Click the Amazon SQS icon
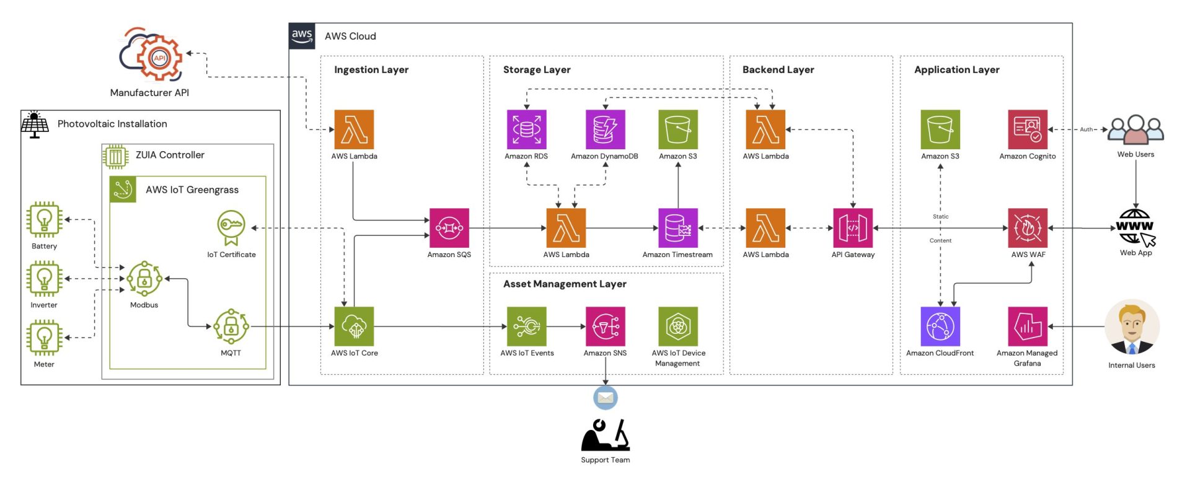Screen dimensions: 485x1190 [449, 228]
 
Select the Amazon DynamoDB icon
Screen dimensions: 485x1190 [605, 129]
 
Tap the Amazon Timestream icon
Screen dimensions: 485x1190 [677, 228]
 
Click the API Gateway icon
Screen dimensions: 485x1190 [853, 228]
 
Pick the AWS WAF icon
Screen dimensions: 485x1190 [1028, 228]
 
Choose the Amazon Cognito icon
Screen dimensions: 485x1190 [1028, 129]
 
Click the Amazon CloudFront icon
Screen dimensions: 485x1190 [940, 326]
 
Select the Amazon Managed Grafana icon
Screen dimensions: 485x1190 [1028, 326]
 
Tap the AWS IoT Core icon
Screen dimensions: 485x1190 [354, 326]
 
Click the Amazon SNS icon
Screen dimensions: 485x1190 [605, 326]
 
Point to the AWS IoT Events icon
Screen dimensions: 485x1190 [527, 326]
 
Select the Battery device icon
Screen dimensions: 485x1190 [44, 219]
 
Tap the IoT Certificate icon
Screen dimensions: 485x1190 [231, 227]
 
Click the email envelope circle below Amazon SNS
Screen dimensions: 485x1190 [606, 398]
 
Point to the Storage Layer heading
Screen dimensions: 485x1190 [537, 70]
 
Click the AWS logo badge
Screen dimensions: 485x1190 [302, 36]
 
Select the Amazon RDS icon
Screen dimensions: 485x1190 [526, 129]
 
